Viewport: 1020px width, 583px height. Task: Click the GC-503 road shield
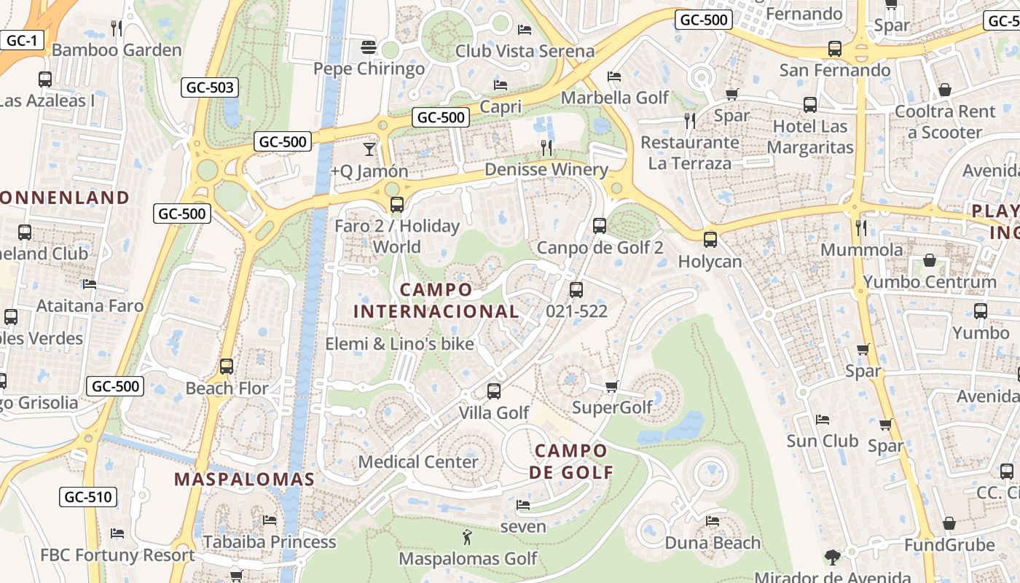pos(210,88)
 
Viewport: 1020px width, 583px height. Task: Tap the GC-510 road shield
pos(87,498)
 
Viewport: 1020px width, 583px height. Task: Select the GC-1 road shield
pos(22,40)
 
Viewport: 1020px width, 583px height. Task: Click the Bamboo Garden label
pos(117,50)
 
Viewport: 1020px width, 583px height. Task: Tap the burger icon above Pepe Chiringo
pos(369,48)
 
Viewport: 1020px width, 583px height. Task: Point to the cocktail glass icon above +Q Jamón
pos(369,149)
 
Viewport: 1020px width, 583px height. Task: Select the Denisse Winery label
pos(546,170)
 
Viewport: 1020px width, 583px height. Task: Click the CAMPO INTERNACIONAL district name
pos(436,300)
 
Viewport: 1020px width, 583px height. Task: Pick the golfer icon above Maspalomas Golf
pos(467,538)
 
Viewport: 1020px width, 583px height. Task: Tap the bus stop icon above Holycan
pos(710,239)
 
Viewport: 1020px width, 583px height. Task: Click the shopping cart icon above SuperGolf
pos(612,386)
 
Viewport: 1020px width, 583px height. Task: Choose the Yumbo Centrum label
pos(930,281)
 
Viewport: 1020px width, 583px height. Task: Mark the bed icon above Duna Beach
pos(713,520)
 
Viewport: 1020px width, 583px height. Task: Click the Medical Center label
pos(418,461)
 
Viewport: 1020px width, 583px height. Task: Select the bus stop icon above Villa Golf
pos(494,391)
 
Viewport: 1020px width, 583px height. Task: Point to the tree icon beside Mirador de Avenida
pos(832,558)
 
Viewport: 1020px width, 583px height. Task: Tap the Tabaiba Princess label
pos(270,541)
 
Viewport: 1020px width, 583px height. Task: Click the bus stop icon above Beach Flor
pos(227,367)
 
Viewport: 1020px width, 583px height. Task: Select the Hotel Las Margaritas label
pos(810,137)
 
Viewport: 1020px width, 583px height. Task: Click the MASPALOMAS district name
pos(244,480)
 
